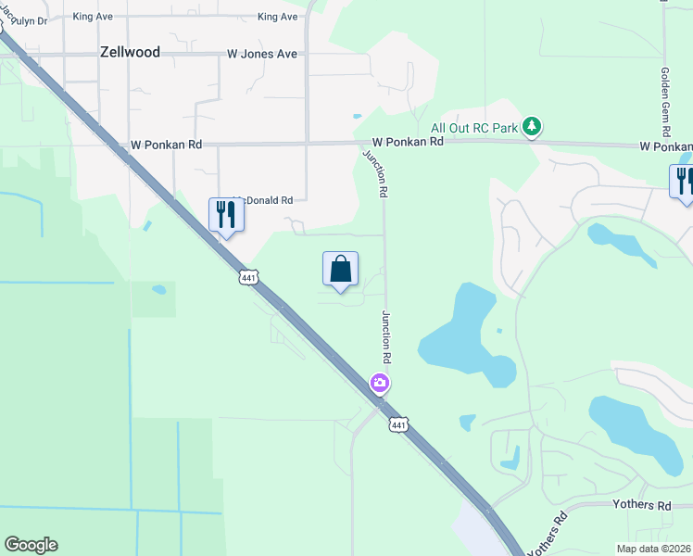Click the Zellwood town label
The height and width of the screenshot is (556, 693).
tap(130, 53)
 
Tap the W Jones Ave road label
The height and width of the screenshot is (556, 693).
tap(262, 54)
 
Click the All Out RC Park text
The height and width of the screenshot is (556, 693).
tap(474, 127)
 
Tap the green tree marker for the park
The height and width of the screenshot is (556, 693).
tap(532, 126)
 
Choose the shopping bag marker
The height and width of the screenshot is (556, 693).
tap(340, 270)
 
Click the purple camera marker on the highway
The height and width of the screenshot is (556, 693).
tap(380, 382)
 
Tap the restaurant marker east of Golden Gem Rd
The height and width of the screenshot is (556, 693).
tap(683, 180)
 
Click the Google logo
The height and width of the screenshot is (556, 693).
tap(31, 545)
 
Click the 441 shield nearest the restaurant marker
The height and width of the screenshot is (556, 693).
tap(247, 277)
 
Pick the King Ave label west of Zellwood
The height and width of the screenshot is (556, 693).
tap(93, 17)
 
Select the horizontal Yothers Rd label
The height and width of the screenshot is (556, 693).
tap(641, 505)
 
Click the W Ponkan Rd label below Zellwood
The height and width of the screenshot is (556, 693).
tap(167, 145)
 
